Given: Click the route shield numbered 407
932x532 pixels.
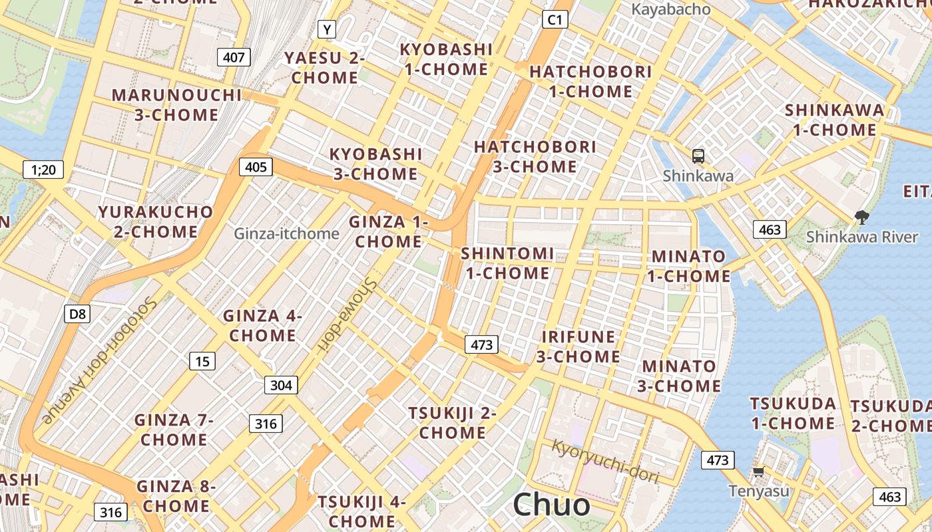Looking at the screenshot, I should [x=234, y=57].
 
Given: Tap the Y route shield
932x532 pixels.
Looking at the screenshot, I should [x=326, y=29].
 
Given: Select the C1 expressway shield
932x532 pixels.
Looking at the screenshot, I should [x=555, y=20].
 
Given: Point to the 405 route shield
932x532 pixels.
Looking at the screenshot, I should [x=256, y=166].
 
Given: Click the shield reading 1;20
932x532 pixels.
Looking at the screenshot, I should [x=43, y=170].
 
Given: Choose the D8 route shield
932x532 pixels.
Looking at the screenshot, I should [x=77, y=314].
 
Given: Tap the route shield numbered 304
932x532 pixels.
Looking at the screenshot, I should [x=281, y=384].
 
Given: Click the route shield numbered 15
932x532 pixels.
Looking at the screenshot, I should [x=202, y=361].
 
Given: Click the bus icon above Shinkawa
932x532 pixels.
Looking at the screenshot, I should [x=698, y=156].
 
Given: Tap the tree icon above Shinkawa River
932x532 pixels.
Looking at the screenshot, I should [x=861, y=216].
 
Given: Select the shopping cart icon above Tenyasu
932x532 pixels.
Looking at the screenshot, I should [x=758, y=472].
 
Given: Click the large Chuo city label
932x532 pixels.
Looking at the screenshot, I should [x=551, y=505].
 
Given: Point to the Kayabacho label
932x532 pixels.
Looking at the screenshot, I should [x=670, y=9].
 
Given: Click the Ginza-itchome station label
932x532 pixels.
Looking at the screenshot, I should [x=286, y=233].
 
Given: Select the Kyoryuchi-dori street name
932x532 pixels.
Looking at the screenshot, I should [x=605, y=460].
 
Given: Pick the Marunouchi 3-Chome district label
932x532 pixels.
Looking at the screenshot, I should [x=176, y=105].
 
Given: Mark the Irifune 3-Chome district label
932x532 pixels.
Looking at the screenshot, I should [x=579, y=346].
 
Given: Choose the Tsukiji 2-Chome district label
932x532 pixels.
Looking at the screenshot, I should [x=453, y=423].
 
